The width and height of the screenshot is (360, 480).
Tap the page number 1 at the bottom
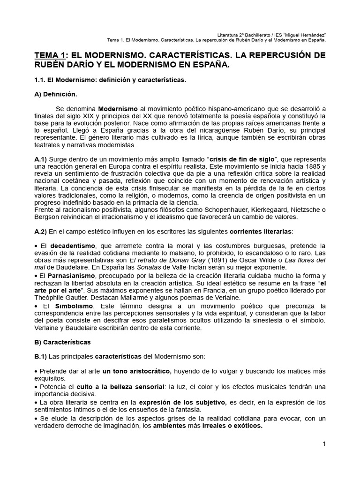click(323, 444)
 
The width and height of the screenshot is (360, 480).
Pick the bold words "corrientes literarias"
click(261, 231)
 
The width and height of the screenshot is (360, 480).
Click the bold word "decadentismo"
click(73, 246)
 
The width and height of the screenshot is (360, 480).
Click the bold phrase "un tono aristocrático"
click(137, 371)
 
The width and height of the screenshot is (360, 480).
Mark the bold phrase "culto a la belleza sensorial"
click(120, 387)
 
